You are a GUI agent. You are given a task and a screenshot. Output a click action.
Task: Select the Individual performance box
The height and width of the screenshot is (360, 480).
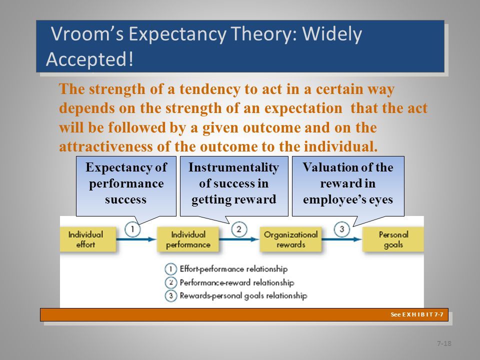coord(188,239)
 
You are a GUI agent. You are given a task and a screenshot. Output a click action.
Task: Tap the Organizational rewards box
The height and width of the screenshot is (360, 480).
coord(290,239)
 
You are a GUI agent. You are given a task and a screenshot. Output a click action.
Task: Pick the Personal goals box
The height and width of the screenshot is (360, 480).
coord(393,239)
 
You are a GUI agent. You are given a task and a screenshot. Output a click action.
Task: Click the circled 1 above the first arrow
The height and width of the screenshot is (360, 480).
coord(132,229)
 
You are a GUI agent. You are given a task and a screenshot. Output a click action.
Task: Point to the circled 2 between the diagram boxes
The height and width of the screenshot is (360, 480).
coord(239,229)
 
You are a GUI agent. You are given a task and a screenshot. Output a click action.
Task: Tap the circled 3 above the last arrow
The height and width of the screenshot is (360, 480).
coord(341,229)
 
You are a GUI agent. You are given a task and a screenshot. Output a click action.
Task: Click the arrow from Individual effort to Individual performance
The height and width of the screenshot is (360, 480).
coord(136,239)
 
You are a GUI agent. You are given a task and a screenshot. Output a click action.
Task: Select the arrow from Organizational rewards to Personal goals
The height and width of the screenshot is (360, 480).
coord(342,239)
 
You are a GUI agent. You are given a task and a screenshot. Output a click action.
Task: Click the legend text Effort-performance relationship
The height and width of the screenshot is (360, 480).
coord(233,269)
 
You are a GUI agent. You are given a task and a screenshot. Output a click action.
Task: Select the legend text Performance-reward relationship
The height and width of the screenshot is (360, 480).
coord(237,282)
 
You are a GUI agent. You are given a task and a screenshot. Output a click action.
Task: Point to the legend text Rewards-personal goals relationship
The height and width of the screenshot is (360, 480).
coord(243,295)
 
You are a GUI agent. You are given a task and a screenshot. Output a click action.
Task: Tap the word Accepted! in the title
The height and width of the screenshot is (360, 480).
coord(89,59)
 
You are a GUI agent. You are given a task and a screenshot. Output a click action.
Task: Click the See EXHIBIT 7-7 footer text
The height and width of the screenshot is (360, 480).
coord(417,314)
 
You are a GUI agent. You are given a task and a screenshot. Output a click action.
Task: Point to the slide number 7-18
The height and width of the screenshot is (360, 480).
coord(444,343)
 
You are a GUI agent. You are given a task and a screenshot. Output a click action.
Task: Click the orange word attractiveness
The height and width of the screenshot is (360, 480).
coord(105,146)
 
